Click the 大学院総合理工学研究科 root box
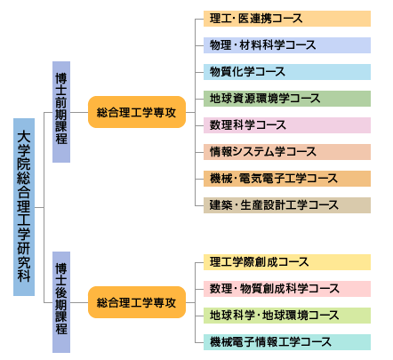pos(24,207)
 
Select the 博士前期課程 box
pos(61,112)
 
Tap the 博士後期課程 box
pos(61,302)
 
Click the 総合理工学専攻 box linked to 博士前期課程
pos(137,112)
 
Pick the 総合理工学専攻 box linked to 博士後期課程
pos(137,302)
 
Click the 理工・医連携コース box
pos(287,19)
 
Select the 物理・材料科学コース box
pos(287,45)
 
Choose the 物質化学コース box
pos(287,72)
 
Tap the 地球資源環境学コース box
pos(287,99)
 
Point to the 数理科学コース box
pos(287,125)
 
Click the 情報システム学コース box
pos(287,152)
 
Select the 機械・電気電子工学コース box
pos(287,179)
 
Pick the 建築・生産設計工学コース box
pos(287,205)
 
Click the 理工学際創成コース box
pos(287,262)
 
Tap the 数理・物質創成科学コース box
pos(287,289)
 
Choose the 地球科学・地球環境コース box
pos(287,316)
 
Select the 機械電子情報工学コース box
pos(287,342)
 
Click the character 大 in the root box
pos(24,137)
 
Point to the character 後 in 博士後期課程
pos(61,292)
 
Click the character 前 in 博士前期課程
pos(61,102)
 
